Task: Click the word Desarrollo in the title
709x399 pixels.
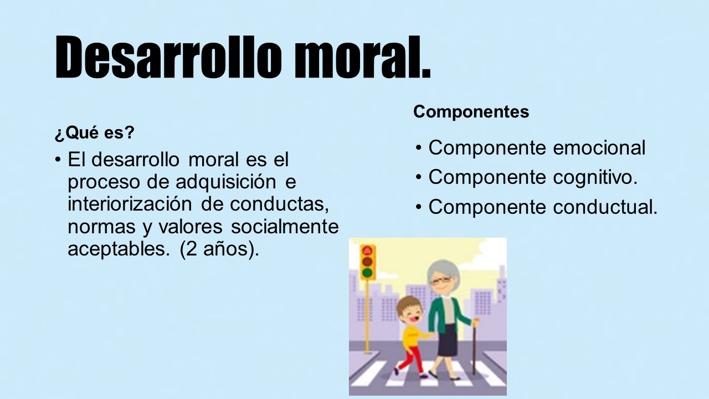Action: tap(168, 57)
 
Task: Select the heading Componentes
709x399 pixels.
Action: tap(471, 112)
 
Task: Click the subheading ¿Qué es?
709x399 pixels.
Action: tap(95, 132)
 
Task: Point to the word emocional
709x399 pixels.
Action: tap(599, 147)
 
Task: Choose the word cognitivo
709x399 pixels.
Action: tap(595, 177)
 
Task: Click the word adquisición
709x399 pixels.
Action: tap(225, 182)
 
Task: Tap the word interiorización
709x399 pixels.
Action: tap(130, 204)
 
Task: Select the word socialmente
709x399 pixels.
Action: tap(285, 227)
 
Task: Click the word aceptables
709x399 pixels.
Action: tap(117, 249)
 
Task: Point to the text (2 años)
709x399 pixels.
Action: tap(219, 249)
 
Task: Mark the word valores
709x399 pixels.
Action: tap(191, 227)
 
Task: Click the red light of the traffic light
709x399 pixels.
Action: tap(367, 251)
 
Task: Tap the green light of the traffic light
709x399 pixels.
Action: tap(367, 272)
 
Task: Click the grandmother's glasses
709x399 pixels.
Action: tap(440, 280)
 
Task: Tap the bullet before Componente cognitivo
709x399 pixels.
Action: tap(419, 177)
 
